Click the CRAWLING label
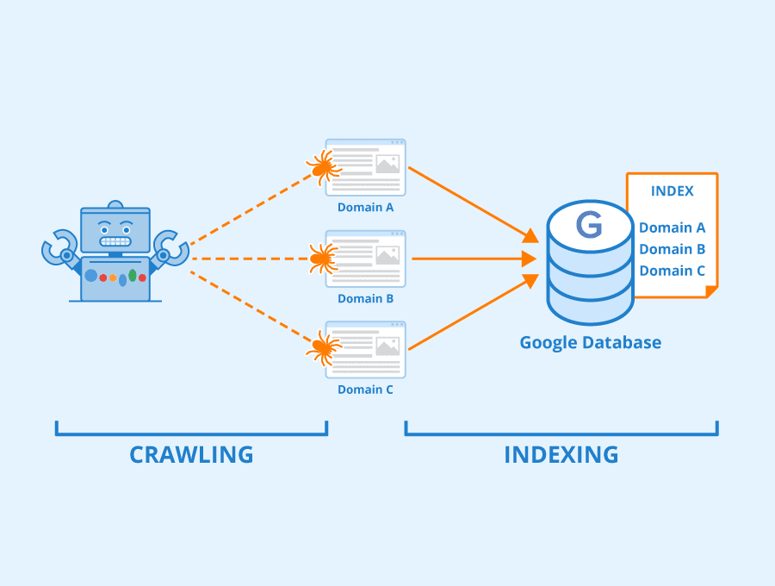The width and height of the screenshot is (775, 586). click(191, 454)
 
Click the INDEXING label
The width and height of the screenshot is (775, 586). click(561, 454)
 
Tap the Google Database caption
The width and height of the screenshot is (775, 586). click(590, 342)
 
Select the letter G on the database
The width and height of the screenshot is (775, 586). click(589, 226)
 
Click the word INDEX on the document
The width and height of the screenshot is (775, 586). click(672, 191)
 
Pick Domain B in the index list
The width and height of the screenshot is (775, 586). click(672, 249)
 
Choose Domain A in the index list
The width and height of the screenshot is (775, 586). click(672, 228)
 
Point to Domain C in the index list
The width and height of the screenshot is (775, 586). click(672, 271)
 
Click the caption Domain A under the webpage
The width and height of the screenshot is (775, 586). click(365, 208)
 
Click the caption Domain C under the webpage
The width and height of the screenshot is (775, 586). click(365, 390)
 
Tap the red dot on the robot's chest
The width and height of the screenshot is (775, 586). click(102, 277)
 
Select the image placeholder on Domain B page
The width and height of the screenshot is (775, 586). click(387, 255)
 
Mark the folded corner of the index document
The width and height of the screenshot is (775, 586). click(710, 292)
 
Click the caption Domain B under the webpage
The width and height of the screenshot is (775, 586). click(365, 299)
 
